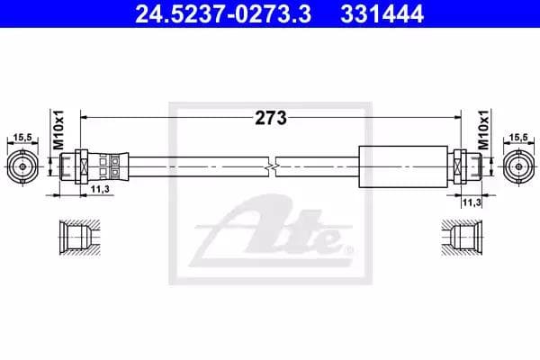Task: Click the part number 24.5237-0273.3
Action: pyautogui.click(x=223, y=14)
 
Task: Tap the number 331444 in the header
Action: pyautogui.click(x=382, y=14)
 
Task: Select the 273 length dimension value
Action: pyautogui.click(x=271, y=118)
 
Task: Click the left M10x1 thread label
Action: pyautogui.click(x=58, y=130)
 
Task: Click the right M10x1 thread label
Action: pyautogui.click(x=483, y=130)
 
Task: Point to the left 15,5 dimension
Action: pyautogui.click(x=22, y=138)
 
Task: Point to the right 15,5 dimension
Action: pyautogui.click(x=518, y=138)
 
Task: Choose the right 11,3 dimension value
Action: pyautogui.click(x=472, y=202)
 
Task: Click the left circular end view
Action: pyautogui.click(x=22, y=166)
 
